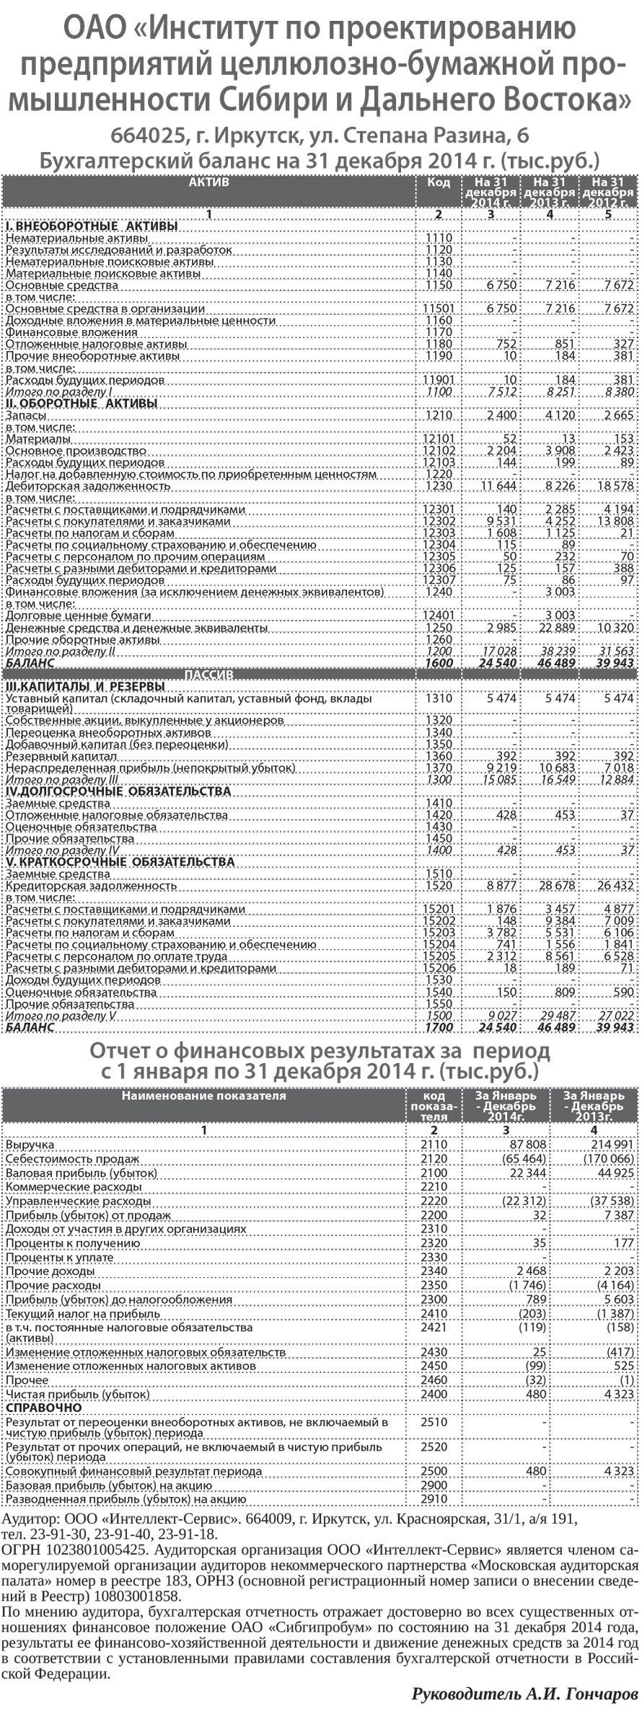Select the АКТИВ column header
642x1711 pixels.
click(x=208, y=182)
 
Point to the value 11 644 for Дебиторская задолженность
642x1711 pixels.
click(x=499, y=486)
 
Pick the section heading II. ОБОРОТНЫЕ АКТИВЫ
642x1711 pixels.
click(x=81, y=404)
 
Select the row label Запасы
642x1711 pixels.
click(x=27, y=416)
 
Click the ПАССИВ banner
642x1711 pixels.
click(x=208, y=675)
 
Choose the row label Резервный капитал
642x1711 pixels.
click(x=61, y=757)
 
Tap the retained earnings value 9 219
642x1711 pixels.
click(x=501, y=768)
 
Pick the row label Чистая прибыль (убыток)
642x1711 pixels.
click(x=78, y=1395)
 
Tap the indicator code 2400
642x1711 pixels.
click(x=434, y=1395)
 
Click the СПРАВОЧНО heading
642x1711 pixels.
click(x=43, y=1408)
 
